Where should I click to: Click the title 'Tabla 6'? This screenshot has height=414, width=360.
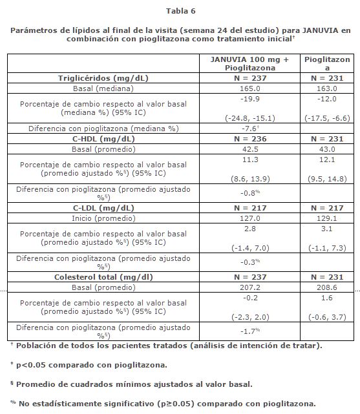coord(180,11)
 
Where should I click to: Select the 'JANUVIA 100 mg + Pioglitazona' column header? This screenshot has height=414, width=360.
coord(249,63)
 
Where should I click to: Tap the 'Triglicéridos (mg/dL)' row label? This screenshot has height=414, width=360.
coord(103,77)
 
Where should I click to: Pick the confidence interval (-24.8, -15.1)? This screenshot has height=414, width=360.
coord(249,118)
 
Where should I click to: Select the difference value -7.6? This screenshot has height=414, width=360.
coord(249,129)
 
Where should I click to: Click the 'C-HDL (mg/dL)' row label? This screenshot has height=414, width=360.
coord(103,138)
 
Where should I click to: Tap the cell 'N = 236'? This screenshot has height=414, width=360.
coord(249,138)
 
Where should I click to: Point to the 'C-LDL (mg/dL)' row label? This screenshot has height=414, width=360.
coord(103,208)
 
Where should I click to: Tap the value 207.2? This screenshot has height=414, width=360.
coord(249,287)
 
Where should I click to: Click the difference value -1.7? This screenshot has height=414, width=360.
coord(249,331)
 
